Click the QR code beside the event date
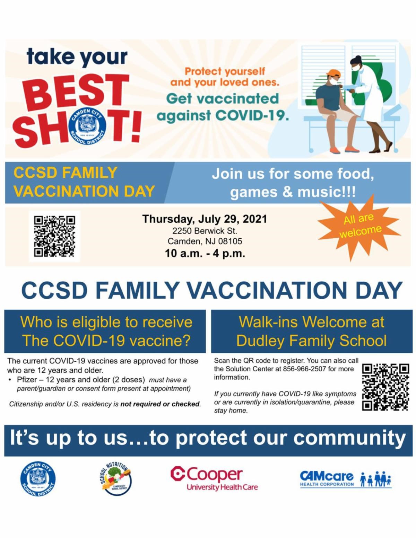[54, 236]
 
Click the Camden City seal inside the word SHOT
[88, 125]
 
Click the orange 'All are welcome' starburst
[359, 227]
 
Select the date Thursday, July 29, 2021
[205, 219]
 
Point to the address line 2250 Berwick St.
[205, 231]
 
